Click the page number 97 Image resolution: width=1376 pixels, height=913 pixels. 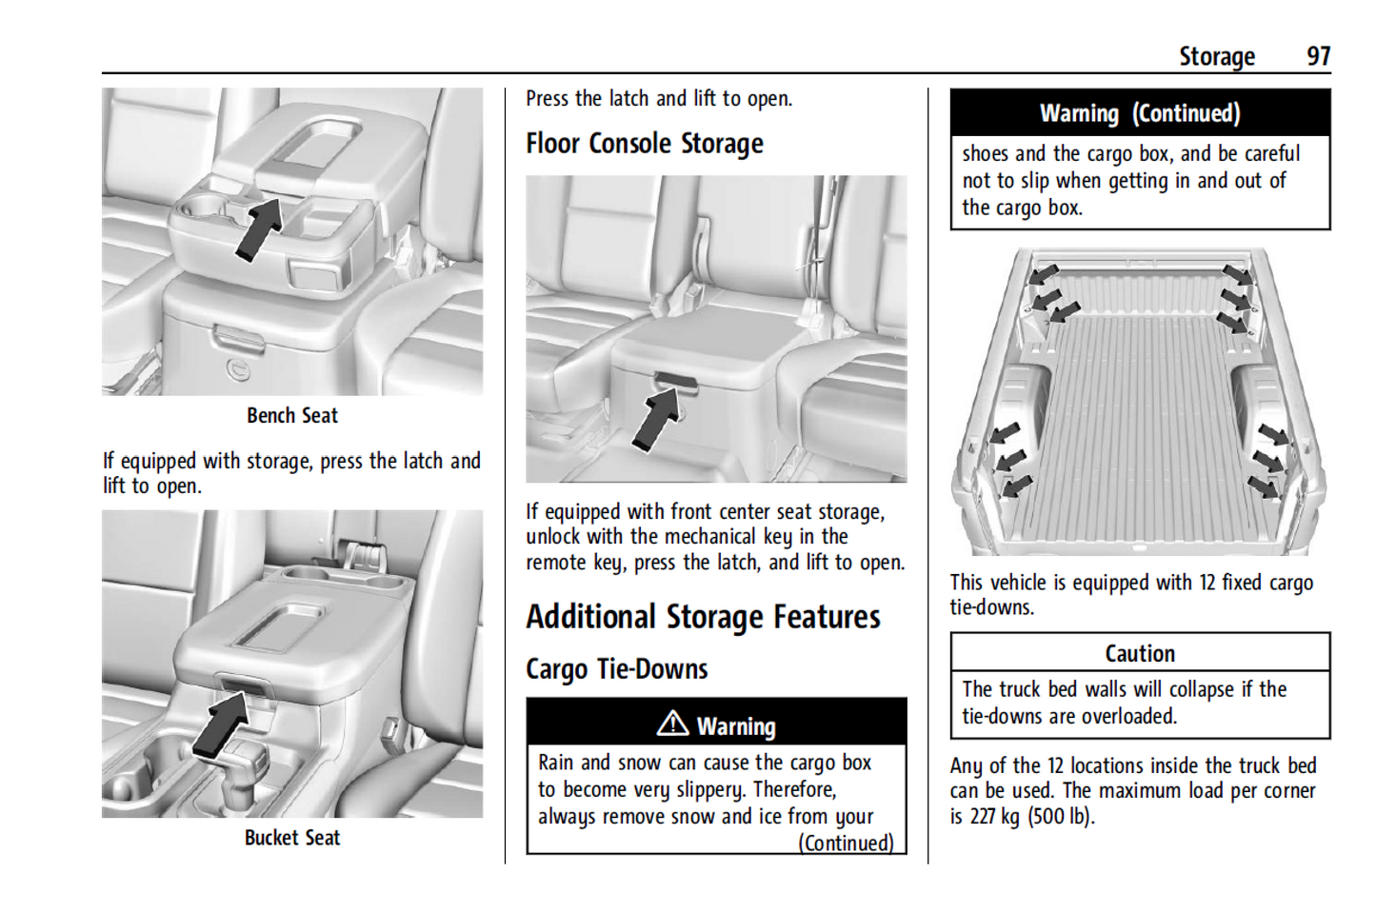[x=1318, y=56]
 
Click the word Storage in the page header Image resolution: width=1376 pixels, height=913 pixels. [x=1216, y=57]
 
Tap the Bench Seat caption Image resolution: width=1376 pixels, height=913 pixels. [x=291, y=416]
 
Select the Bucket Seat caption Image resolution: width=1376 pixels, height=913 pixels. [x=291, y=838]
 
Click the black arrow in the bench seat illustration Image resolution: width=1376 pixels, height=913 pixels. [x=259, y=228]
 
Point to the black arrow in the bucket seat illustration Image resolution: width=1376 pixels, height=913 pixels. [x=221, y=724]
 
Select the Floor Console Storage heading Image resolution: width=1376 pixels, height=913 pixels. [x=645, y=144]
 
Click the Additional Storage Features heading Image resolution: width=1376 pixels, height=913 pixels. [x=703, y=617]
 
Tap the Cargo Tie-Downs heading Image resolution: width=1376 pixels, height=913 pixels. [x=616, y=669]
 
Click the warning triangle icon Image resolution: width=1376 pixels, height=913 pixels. [x=672, y=724]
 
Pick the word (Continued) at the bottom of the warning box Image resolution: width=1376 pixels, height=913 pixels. [x=846, y=844]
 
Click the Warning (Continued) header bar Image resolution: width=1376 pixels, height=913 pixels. [x=1139, y=113]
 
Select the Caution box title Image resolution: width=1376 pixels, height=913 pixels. [x=1139, y=654]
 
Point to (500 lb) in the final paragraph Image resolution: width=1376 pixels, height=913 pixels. [x=1061, y=816]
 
